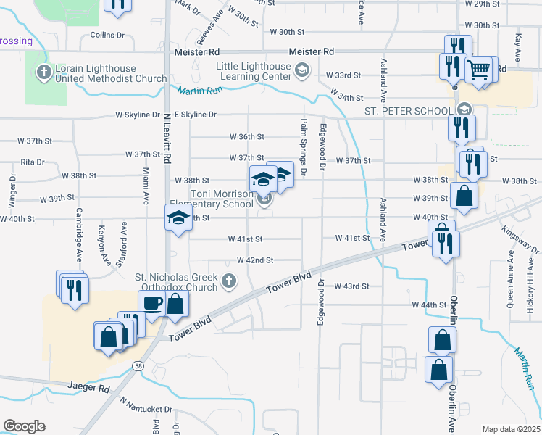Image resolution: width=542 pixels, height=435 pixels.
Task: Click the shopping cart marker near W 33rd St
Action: coord(478,71)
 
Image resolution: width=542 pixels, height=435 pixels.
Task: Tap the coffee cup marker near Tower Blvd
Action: coord(151,304)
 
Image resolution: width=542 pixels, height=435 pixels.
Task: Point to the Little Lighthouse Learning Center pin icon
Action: coord(302,71)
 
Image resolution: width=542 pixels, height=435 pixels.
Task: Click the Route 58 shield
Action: coord(138,367)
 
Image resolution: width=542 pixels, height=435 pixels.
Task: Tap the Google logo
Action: coord(24,426)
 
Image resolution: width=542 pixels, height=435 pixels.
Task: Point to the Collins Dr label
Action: coord(107,35)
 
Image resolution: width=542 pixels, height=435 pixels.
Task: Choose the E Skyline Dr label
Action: coord(191,115)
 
